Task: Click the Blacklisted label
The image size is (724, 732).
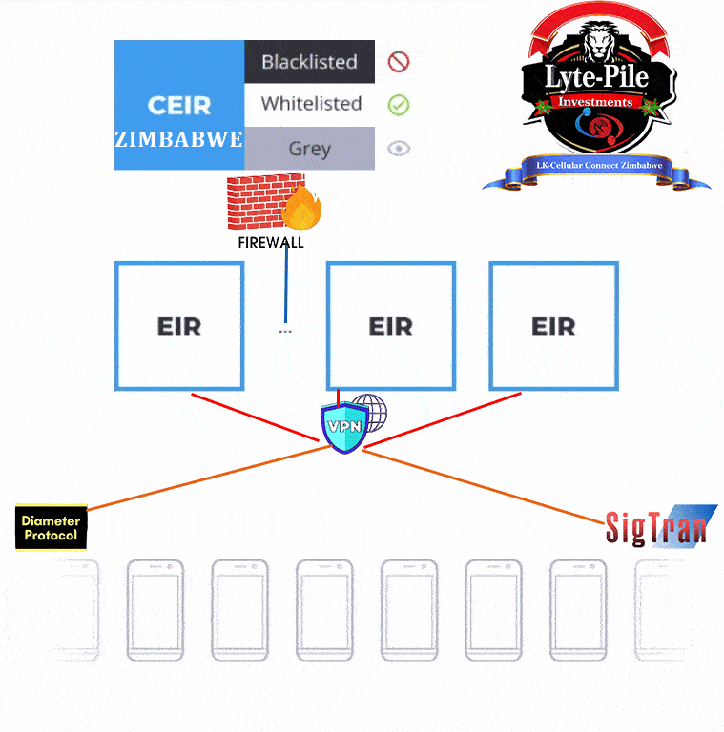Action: (309, 62)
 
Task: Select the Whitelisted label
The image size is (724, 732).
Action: (311, 104)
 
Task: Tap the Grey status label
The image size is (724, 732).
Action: (309, 149)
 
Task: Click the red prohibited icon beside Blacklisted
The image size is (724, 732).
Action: (399, 63)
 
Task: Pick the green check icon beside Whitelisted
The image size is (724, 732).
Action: (399, 105)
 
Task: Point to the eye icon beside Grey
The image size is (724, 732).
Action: (399, 149)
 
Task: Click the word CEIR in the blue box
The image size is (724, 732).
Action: (179, 105)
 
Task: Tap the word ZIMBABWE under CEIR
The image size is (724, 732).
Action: (179, 139)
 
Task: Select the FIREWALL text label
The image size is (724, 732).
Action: (271, 242)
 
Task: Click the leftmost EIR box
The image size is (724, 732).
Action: (179, 326)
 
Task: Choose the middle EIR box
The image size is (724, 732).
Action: (390, 326)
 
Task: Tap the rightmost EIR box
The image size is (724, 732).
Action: (553, 326)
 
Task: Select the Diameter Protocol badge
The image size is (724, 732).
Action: (52, 528)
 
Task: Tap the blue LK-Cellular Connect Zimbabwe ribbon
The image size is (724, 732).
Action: (598, 169)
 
